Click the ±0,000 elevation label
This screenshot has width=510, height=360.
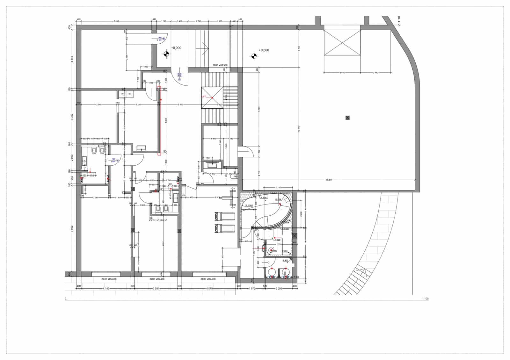tap(176, 48)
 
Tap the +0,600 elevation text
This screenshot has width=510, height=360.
tap(264, 50)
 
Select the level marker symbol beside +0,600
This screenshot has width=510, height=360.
tap(254, 56)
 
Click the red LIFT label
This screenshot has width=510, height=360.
tap(204, 97)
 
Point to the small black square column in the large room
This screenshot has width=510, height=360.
tap(347, 118)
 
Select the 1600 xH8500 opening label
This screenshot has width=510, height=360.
tap(220, 65)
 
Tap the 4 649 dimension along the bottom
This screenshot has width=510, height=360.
tap(209, 289)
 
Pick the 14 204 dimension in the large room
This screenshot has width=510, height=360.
tap(329, 180)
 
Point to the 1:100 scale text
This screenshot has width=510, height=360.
tap(425, 299)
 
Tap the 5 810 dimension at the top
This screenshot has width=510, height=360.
tap(116, 21)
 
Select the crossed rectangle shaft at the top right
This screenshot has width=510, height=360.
tap(342, 43)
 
